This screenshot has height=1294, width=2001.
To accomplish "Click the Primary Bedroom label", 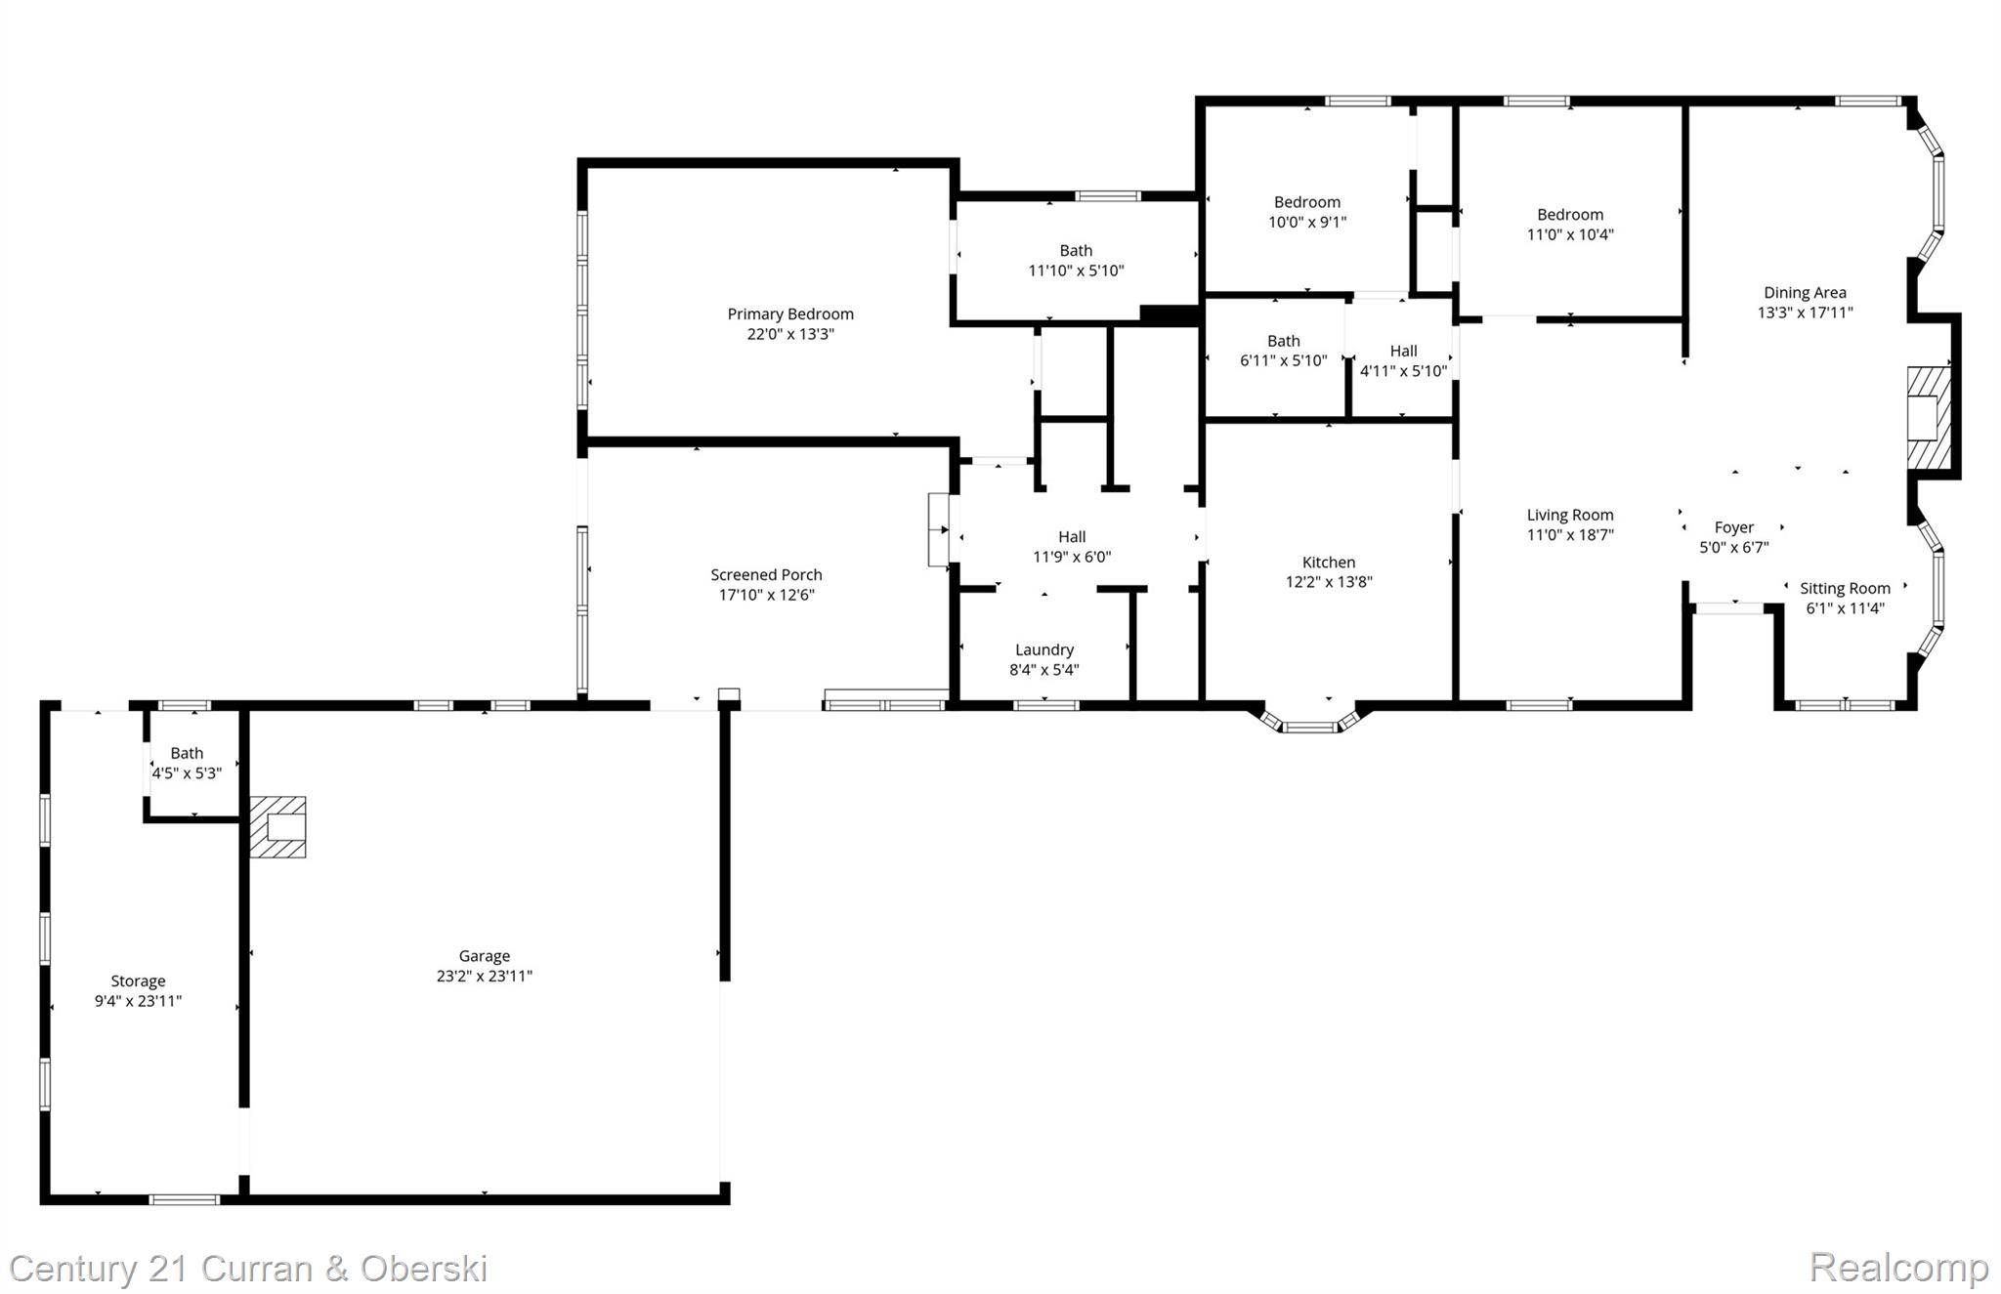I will [x=789, y=313].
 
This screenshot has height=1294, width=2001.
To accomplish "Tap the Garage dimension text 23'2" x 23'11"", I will [x=484, y=976].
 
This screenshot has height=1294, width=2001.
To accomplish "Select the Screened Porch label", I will [x=766, y=574].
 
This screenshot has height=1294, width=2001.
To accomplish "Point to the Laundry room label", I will [x=1043, y=649].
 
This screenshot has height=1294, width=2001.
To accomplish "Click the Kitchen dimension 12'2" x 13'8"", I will [x=1328, y=582].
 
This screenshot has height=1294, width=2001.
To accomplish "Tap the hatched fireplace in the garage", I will [x=277, y=827].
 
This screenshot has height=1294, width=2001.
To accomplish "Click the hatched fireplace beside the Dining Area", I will [x=1929, y=418].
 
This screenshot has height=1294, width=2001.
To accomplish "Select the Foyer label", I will [x=1733, y=527].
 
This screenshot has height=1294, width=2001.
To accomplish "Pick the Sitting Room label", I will [x=1844, y=588].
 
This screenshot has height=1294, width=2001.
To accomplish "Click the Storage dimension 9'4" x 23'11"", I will [x=138, y=1001].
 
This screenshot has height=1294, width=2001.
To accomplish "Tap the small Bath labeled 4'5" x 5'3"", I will [x=187, y=763].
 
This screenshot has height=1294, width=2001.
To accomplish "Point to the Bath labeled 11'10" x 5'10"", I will [x=1076, y=261].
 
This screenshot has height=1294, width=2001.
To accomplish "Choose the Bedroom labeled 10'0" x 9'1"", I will [x=1306, y=212].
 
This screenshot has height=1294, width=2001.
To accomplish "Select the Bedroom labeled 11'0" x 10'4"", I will [x=1569, y=225].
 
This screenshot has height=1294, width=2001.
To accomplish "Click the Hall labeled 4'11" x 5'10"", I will [x=1403, y=360].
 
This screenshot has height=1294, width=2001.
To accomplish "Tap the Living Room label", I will [x=1569, y=515].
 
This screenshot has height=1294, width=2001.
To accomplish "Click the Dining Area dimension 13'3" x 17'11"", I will [x=1804, y=313].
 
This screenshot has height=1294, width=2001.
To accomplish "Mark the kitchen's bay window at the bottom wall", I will [x=1309, y=724].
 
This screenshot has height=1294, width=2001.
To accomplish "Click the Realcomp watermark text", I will [x=1897, y=1268].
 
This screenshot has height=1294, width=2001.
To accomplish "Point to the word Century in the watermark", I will [x=74, y=1269].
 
